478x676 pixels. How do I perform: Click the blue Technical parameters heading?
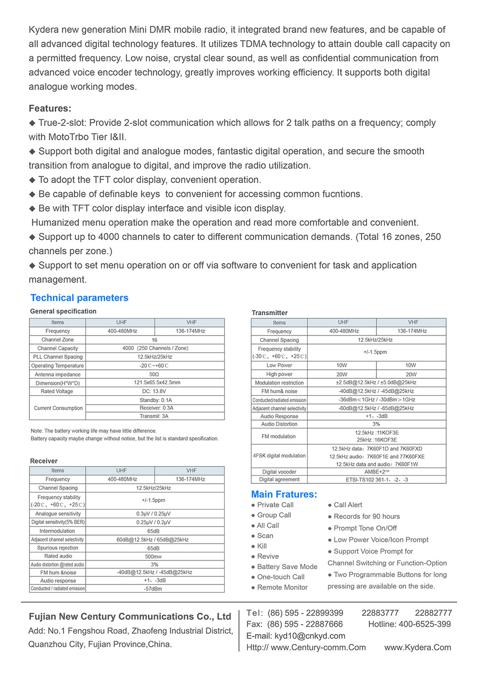click(x=79, y=298)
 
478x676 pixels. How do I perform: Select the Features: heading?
click(x=50, y=109)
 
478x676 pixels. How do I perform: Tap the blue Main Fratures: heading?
click(x=284, y=494)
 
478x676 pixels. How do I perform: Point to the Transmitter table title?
click(x=269, y=313)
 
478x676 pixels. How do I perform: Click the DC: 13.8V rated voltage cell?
click(x=154, y=391)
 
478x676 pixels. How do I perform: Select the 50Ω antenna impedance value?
click(x=154, y=374)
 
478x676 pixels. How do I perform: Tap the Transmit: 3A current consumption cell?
click(x=154, y=416)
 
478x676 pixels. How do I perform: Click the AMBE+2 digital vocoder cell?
click(x=376, y=472)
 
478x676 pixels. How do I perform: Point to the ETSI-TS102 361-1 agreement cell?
click(x=376, y=479)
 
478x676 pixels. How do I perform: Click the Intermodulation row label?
click(x=57, y=531)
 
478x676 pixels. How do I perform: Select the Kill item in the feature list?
click(x=262, y=546)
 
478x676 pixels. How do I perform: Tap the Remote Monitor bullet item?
click(x=282, y=587)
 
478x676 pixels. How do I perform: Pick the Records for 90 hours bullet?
click(x=366, y=517)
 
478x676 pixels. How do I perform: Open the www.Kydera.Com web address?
click(x=417, y=648)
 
